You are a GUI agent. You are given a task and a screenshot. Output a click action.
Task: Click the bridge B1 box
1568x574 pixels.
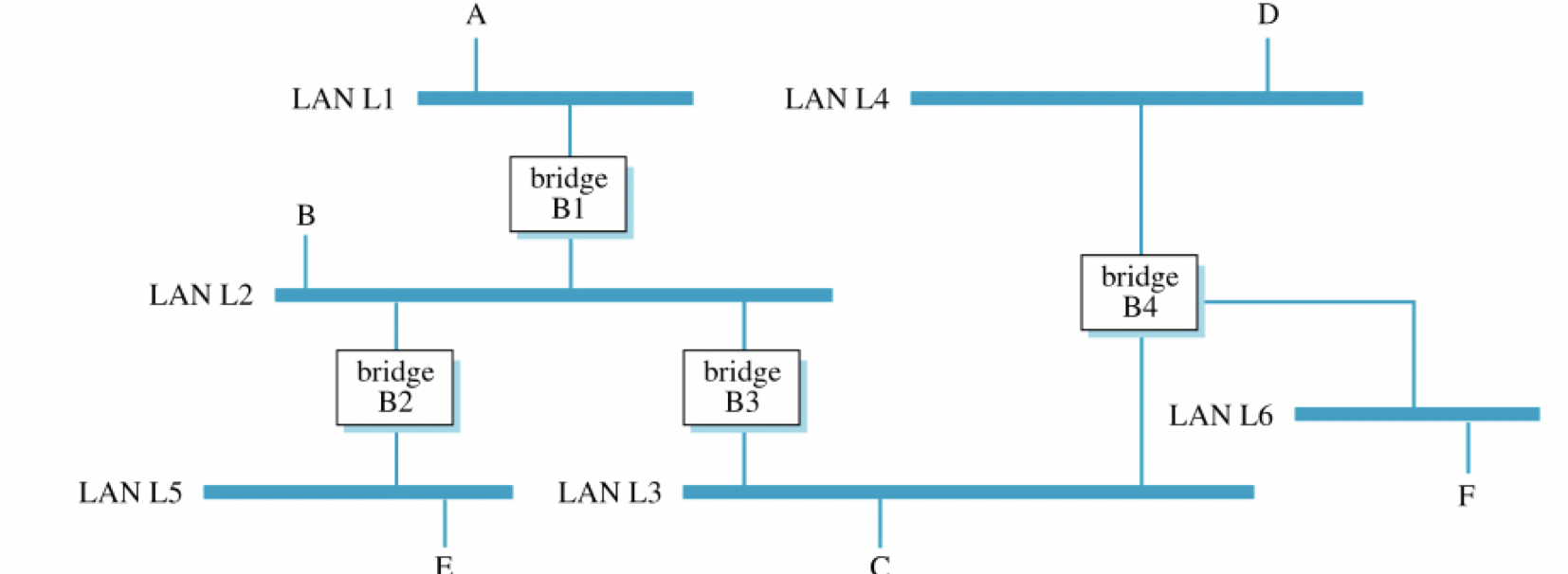[x=568, y=193]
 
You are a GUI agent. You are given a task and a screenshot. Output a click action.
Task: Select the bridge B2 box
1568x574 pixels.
[x=394, y=387]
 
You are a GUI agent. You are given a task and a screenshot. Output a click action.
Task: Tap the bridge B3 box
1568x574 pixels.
[x=741, y=387]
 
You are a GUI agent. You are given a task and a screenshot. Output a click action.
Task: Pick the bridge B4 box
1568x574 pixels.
[x=1139, y=292]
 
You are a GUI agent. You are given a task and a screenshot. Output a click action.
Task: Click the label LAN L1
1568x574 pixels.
[x=342, y=99]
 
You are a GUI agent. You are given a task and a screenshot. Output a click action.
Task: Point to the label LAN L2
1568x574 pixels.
[x=201, y=295]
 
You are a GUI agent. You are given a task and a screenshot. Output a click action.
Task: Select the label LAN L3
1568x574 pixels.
[x=609, y=493]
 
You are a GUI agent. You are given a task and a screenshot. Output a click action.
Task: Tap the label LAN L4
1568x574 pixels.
[x=836, y=99]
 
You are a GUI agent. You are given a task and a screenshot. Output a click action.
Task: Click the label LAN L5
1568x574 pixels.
[x=130, y=493]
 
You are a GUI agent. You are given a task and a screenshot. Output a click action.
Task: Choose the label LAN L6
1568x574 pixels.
[x=1220, y=415]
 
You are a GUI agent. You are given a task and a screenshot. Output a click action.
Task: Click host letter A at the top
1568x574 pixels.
[x=476, y=14]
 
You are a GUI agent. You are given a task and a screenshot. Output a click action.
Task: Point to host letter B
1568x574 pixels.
[x=305, y=216]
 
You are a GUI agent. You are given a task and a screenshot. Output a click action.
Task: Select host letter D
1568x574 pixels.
[x=1267, y=14]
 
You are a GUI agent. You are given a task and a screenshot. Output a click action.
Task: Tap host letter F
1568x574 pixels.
[x=1466, y=495]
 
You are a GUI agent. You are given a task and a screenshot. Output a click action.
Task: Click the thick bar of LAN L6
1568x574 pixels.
[x=1416, y=414]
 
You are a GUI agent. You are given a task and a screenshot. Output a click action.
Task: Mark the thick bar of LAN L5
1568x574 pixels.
[x=357, y=492]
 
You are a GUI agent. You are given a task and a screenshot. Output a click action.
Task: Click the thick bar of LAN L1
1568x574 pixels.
[x=555, y=99]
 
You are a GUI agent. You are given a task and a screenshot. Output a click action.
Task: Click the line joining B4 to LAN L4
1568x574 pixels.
[x=1140, y=180]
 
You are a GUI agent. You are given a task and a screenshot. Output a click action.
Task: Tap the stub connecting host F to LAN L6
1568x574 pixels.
[x=1468, y=447]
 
